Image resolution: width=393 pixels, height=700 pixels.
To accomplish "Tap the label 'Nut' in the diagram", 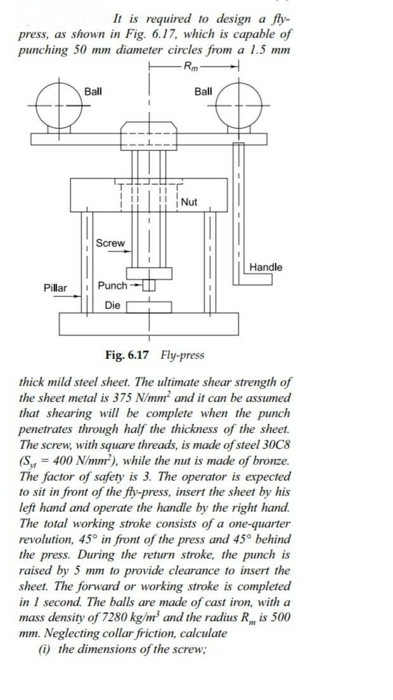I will (189, 202).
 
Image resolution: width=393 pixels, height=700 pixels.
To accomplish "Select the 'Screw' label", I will (110, 243).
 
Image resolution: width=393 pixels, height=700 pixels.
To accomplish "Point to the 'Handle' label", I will (266, 267).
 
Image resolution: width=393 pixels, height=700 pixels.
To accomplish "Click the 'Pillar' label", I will (55, 288).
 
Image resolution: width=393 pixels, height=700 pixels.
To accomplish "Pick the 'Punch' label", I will (112, 285).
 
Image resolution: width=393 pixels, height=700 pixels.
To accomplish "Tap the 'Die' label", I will (112, 306).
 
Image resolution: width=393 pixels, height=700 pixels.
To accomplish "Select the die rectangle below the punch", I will (149, 307).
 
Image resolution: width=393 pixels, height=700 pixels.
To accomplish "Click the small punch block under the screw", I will (149, 285).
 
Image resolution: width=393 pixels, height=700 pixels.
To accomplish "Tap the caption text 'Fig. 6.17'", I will (127, 354).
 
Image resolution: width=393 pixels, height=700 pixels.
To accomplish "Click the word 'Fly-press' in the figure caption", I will (183, 354).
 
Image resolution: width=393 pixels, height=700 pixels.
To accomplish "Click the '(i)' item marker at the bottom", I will (48, 649).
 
